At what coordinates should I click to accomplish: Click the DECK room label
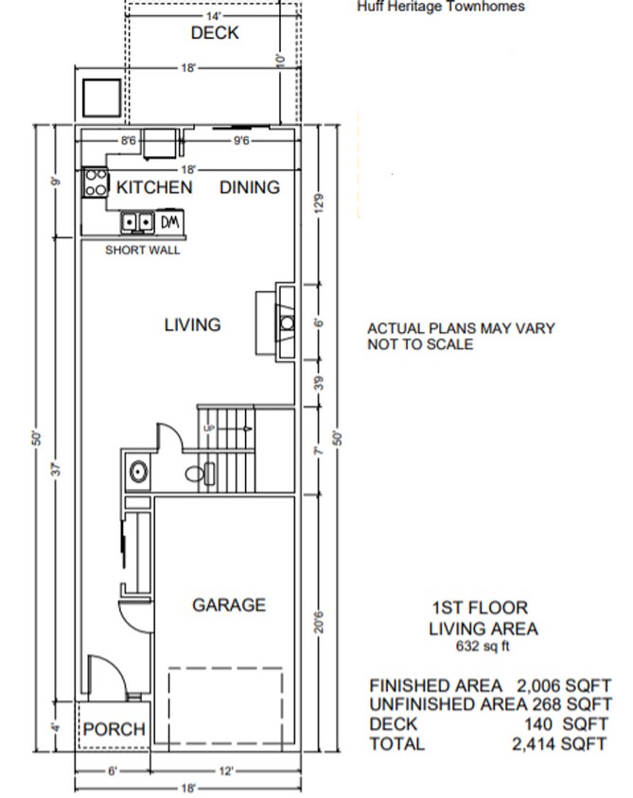pyautogui.click(x=215, y=33)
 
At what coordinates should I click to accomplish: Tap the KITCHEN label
pyautogui.click(x=154, y=187)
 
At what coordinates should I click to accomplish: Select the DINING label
pyautogui.click(x=250, y=187)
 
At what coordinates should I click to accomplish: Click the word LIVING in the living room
pyautogui.click(x=192, y=324)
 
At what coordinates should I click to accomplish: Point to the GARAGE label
pyautogui.click(x=229, y=605)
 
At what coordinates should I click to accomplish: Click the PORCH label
pyautogui.click(x=114, y=729)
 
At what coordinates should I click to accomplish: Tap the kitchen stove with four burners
pyautogui.click(x=95, y=182)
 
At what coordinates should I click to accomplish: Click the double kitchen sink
pyautogui.click(x=137, y=222)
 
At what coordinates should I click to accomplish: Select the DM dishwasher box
pyautogui.click(x=169, y=222)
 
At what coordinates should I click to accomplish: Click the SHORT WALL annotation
pyautogui.click(x=142, y=251)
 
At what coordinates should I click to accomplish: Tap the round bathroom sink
pyautogui.click(x=137, y=471)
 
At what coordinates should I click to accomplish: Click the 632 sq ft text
pyautogui.click(x=484, y=649)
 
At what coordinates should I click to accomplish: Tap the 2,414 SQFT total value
pyautogui.click(x=559, y=744)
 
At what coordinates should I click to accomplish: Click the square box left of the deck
pyautogui.click(x=101, y=97)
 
